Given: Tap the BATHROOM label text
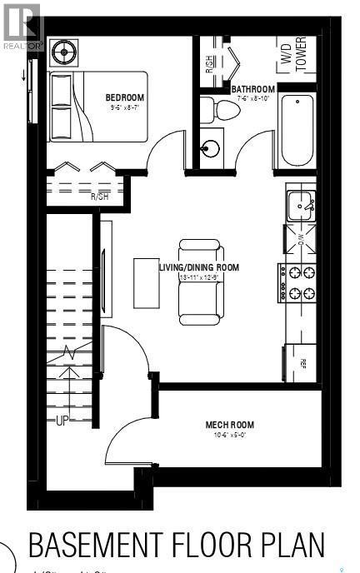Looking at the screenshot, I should (253, 89).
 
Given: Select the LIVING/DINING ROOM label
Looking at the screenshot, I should (199, 267).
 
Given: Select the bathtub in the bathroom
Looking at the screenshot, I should (297, 131).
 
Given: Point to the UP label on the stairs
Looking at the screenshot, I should (61, 421).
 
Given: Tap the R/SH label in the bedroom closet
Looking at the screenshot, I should (100, 197).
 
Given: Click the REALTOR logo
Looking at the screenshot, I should (21, 26).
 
